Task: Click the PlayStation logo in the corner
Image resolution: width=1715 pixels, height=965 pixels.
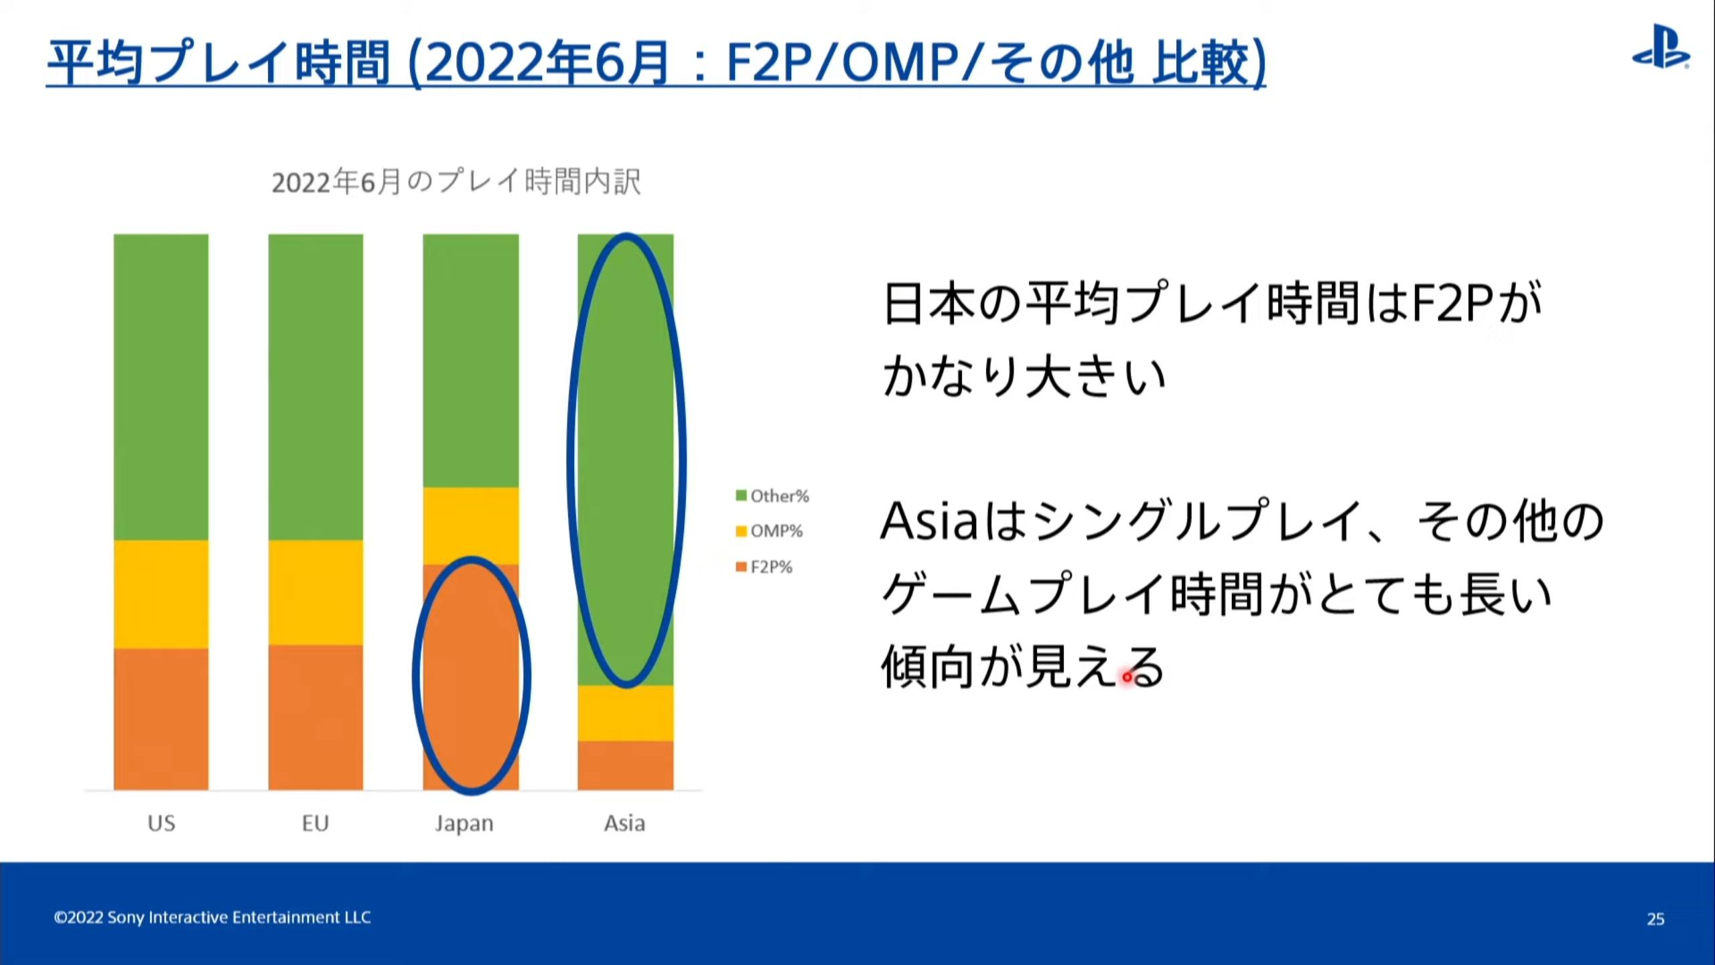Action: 1661,46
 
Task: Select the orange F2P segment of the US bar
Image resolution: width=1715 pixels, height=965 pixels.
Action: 161,719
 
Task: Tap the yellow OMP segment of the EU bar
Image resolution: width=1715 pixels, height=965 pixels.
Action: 316,592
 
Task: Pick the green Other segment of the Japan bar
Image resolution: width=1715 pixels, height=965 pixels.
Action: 471,361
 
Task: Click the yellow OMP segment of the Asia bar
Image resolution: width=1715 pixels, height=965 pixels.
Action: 626,713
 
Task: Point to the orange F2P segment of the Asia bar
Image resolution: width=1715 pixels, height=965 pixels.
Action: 626,765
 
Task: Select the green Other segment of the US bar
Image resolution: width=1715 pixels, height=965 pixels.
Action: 161,387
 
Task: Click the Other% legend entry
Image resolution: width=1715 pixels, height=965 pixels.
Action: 772,496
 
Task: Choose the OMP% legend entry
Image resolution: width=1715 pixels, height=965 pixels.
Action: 769,531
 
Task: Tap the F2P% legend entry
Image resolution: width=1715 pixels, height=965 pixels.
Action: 764,567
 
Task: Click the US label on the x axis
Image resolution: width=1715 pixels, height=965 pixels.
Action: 161,823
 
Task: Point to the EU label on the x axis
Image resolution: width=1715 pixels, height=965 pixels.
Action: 316,823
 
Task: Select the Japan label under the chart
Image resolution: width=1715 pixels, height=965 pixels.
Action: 464,824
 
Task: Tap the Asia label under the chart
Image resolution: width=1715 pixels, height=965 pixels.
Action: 625,823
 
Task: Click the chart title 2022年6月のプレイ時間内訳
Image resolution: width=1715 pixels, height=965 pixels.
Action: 456,182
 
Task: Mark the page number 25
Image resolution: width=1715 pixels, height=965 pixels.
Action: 1655,919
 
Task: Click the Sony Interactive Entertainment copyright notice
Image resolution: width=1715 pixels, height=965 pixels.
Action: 212,917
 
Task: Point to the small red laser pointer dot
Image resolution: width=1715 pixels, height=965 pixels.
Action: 1127,677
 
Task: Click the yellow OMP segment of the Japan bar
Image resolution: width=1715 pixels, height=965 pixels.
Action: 471,526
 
